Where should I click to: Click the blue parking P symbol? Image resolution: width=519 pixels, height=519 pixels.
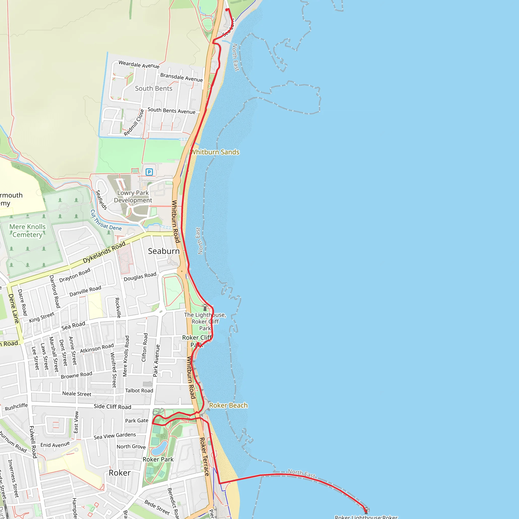[x=149, y=172]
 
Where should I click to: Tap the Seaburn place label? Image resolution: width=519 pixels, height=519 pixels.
[x=164, y=251]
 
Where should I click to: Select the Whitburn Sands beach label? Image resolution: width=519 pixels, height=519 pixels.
[x=215, y=152]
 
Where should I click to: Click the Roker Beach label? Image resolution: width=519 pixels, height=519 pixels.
[x=228, y=405]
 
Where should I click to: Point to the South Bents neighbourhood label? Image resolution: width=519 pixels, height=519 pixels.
[x=153, y=88]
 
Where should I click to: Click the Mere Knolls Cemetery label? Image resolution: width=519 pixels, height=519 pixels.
[x=27, y=231]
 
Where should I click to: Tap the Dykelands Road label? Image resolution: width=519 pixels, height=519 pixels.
[x=104, y=252]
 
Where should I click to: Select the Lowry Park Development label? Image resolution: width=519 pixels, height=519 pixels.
[x=133, y=196]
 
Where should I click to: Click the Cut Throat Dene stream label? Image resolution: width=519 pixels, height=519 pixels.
[x=106, y=220]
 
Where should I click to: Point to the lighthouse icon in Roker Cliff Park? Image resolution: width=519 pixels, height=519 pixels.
[x=205, y=307]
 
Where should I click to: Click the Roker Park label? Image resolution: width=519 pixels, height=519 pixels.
[x=158, y=459]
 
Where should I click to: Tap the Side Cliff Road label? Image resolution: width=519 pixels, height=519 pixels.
[x=112, y=406]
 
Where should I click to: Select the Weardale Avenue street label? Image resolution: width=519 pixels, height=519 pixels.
[x=139, y=64]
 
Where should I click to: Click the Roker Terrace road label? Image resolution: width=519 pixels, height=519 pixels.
[x=204, y=457]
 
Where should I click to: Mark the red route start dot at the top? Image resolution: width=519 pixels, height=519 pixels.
[x=227, y=10]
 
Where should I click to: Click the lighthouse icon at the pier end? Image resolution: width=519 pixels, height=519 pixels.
[x=366, y=510]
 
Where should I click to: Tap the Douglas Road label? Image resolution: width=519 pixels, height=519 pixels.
[x=140, y=277]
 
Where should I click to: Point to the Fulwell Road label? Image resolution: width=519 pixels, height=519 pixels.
[x=33, y=442]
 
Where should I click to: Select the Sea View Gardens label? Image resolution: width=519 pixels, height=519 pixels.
[x=115, y=436]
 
